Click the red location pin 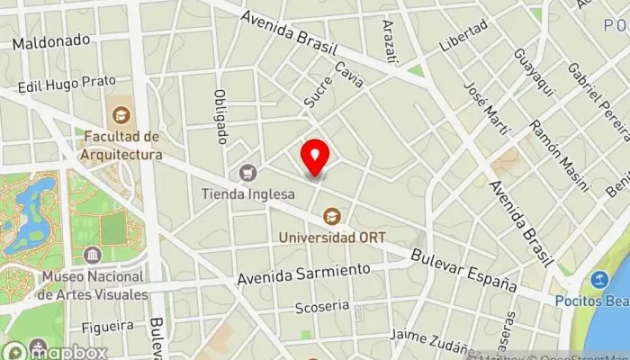[x=315, y=157]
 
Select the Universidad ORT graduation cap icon [x=332, y=216]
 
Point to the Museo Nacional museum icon [x=93, y=256]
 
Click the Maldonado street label [x=52, y=40]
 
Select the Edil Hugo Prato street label [x=67, y=83]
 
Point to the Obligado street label [x=220, y=116]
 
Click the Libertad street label [x=463, y=34]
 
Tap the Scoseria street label [x=321, y=307]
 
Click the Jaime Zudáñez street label [x=430, y=346]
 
